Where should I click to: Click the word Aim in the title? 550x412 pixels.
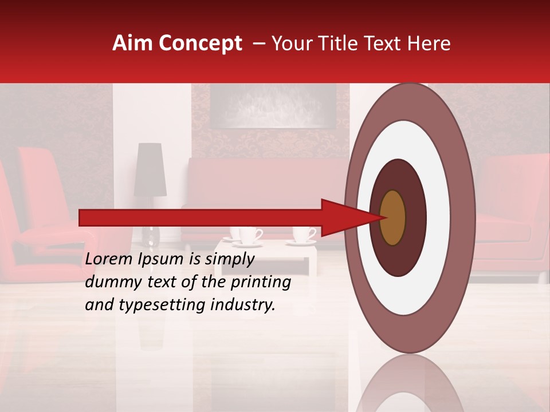[x=133, y=43]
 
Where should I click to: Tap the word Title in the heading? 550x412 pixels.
[x=360, y=43]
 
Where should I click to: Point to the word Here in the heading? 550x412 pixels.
[x=431, y=43]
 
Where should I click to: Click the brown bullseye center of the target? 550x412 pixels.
[x=392, y=217]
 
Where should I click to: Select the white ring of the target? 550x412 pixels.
[x=438, y=217]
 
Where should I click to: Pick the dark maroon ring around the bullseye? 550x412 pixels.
[x=415, y=217]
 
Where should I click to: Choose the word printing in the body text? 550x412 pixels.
[x=261, y=283]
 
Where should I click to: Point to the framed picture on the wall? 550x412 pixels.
[x=272, y=106]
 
